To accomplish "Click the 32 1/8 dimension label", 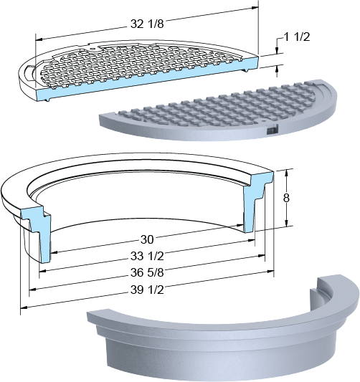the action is [147, 24].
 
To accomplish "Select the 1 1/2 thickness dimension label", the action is [297, 37].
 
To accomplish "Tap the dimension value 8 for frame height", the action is [286, 198].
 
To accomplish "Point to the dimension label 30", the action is [147, 239].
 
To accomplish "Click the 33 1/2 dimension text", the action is [147, 256].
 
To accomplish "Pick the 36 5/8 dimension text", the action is [147, 272].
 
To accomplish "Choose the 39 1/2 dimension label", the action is [147, 290].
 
